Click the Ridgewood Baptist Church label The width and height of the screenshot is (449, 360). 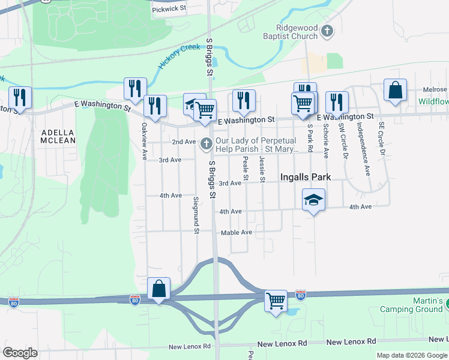(297, 32)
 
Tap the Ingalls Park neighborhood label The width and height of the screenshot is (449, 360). (306, 177)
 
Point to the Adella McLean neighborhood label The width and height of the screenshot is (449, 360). (58, 136)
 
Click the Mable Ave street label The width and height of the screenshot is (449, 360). (236, 232)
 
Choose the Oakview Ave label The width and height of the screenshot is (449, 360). (144, 142)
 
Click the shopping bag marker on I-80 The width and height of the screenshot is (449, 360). (158, 289)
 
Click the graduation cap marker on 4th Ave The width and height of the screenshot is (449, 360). (313, 200)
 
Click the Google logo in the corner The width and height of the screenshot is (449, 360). (20, 353)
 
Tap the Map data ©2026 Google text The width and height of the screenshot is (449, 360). (411, 355)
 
